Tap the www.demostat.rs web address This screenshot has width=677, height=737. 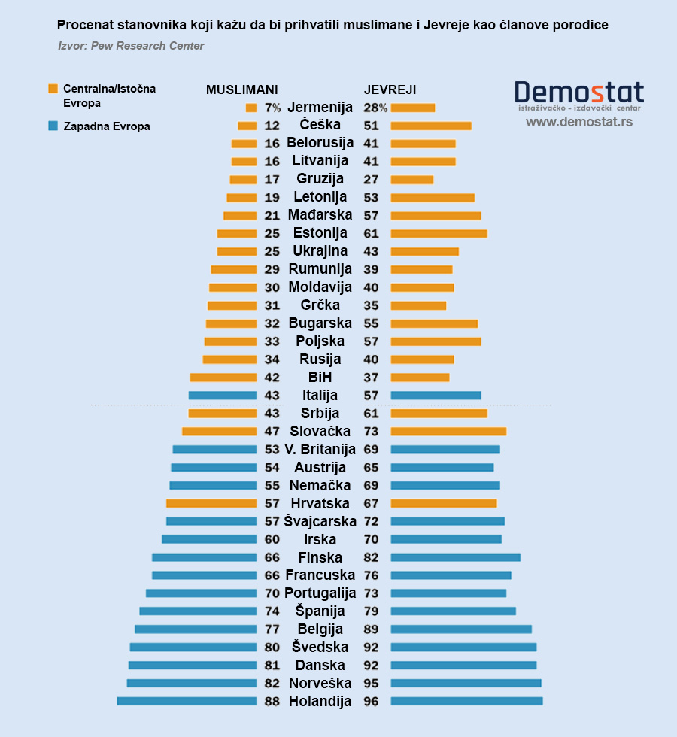578,121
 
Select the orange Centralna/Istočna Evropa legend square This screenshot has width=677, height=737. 53,89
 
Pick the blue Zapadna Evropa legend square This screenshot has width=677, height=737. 53,126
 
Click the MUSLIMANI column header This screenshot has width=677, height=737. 242,89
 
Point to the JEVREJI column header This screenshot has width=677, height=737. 390,89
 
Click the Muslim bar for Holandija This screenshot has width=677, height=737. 187,701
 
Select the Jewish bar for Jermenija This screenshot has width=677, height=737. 413,108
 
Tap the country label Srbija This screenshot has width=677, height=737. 320,413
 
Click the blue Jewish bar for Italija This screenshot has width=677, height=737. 436,395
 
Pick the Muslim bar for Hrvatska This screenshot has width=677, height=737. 211,503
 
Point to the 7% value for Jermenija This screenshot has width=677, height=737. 272,108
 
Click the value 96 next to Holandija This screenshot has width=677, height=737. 371,701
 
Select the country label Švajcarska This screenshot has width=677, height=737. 320,521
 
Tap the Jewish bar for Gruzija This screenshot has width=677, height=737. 412,179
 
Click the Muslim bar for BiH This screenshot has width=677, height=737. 223,378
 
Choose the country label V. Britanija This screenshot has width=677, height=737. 320,449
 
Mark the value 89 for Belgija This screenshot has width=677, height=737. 371,629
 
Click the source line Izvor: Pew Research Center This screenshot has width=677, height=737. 131,46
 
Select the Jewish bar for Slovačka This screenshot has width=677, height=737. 448,431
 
